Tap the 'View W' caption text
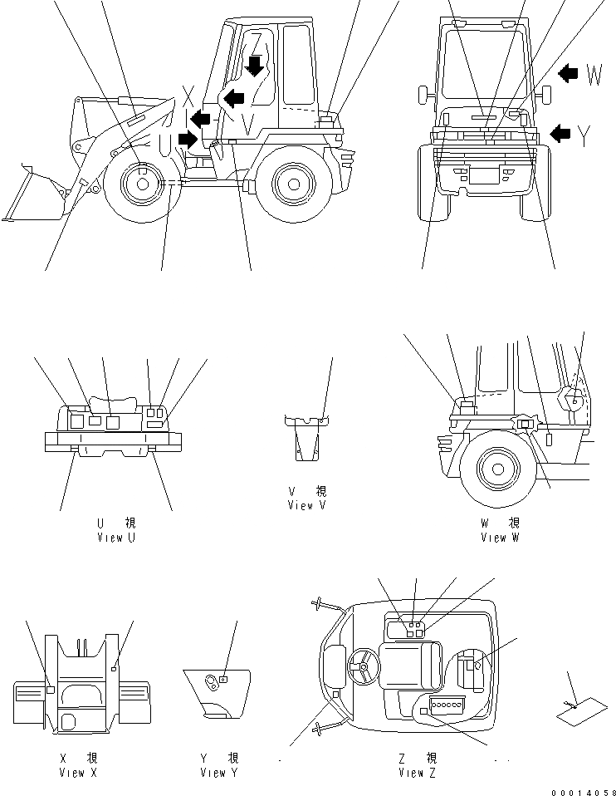[500, 538]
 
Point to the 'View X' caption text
[78, 773]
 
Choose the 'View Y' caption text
[219, 773]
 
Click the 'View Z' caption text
[417, 773]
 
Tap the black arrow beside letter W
[568, 75]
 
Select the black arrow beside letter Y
[562, 132]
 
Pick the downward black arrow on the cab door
[256, 65]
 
